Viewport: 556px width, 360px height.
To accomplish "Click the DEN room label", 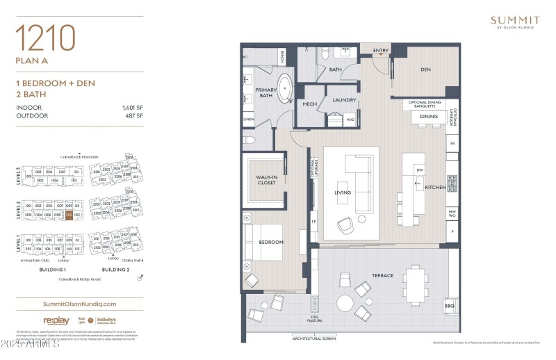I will [427, 69].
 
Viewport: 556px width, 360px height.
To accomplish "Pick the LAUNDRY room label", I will [344, 100].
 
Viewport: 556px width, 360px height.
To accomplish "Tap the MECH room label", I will [310, 104].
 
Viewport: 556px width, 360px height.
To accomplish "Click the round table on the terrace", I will [345, 304].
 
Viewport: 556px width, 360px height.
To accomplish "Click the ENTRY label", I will [381, 50].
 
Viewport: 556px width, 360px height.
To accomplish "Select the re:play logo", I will [55, 320].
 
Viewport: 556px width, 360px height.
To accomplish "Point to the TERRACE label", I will [382, 275].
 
